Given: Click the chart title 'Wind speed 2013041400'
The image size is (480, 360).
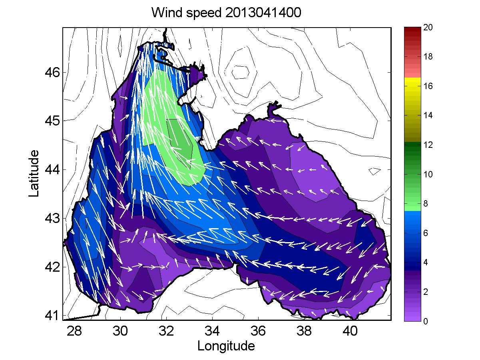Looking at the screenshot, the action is [226, 12].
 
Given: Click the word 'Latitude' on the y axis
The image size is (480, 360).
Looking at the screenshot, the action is [34, 173].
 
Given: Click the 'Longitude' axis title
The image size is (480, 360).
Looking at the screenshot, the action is [226, 346].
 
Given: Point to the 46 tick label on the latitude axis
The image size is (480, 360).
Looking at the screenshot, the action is [52, 72].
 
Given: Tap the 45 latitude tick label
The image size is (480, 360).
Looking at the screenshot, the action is [52, 121].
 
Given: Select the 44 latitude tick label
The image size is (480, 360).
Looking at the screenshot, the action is [52, 169].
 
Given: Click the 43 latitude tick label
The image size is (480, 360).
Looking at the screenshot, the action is [52, 218].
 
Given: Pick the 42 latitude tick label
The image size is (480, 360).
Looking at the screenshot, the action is [52, 267].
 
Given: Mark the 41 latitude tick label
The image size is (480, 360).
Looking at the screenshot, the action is [52, 315].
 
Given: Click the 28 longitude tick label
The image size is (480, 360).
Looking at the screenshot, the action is [74, 331].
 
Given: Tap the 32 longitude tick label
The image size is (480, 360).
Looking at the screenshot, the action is [166, 331].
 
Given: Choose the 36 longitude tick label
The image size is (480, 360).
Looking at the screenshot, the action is [258, 331].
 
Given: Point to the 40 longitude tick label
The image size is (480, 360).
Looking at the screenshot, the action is [351, 331].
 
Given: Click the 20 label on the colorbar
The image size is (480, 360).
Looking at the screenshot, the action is [428, 27].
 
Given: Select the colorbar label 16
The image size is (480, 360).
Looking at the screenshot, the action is [428, 86].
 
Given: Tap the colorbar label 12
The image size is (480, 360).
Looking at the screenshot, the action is [428, 145].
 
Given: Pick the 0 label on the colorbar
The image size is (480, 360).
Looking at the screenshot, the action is [426, 321].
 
